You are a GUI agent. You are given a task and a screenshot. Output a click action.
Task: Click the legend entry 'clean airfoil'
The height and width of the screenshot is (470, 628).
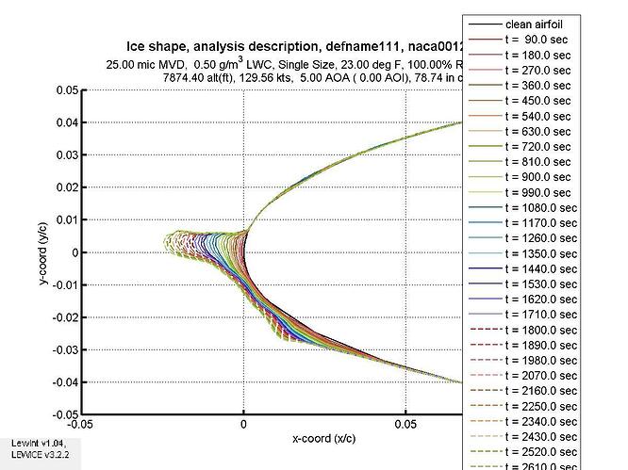[532, 24]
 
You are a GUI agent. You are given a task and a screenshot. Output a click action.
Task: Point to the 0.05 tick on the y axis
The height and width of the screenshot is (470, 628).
[66, 90]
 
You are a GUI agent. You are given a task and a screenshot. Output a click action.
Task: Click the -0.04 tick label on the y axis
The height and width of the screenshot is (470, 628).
[63, 381]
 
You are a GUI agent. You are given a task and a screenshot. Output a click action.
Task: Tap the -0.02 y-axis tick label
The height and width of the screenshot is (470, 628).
[63, 316]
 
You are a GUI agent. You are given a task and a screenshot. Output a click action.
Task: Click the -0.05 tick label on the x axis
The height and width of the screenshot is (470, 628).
[82, 425]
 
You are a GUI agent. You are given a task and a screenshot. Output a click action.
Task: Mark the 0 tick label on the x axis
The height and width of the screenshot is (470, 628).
[244, 425]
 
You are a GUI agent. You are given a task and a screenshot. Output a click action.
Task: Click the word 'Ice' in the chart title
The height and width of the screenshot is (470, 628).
[137, 46]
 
